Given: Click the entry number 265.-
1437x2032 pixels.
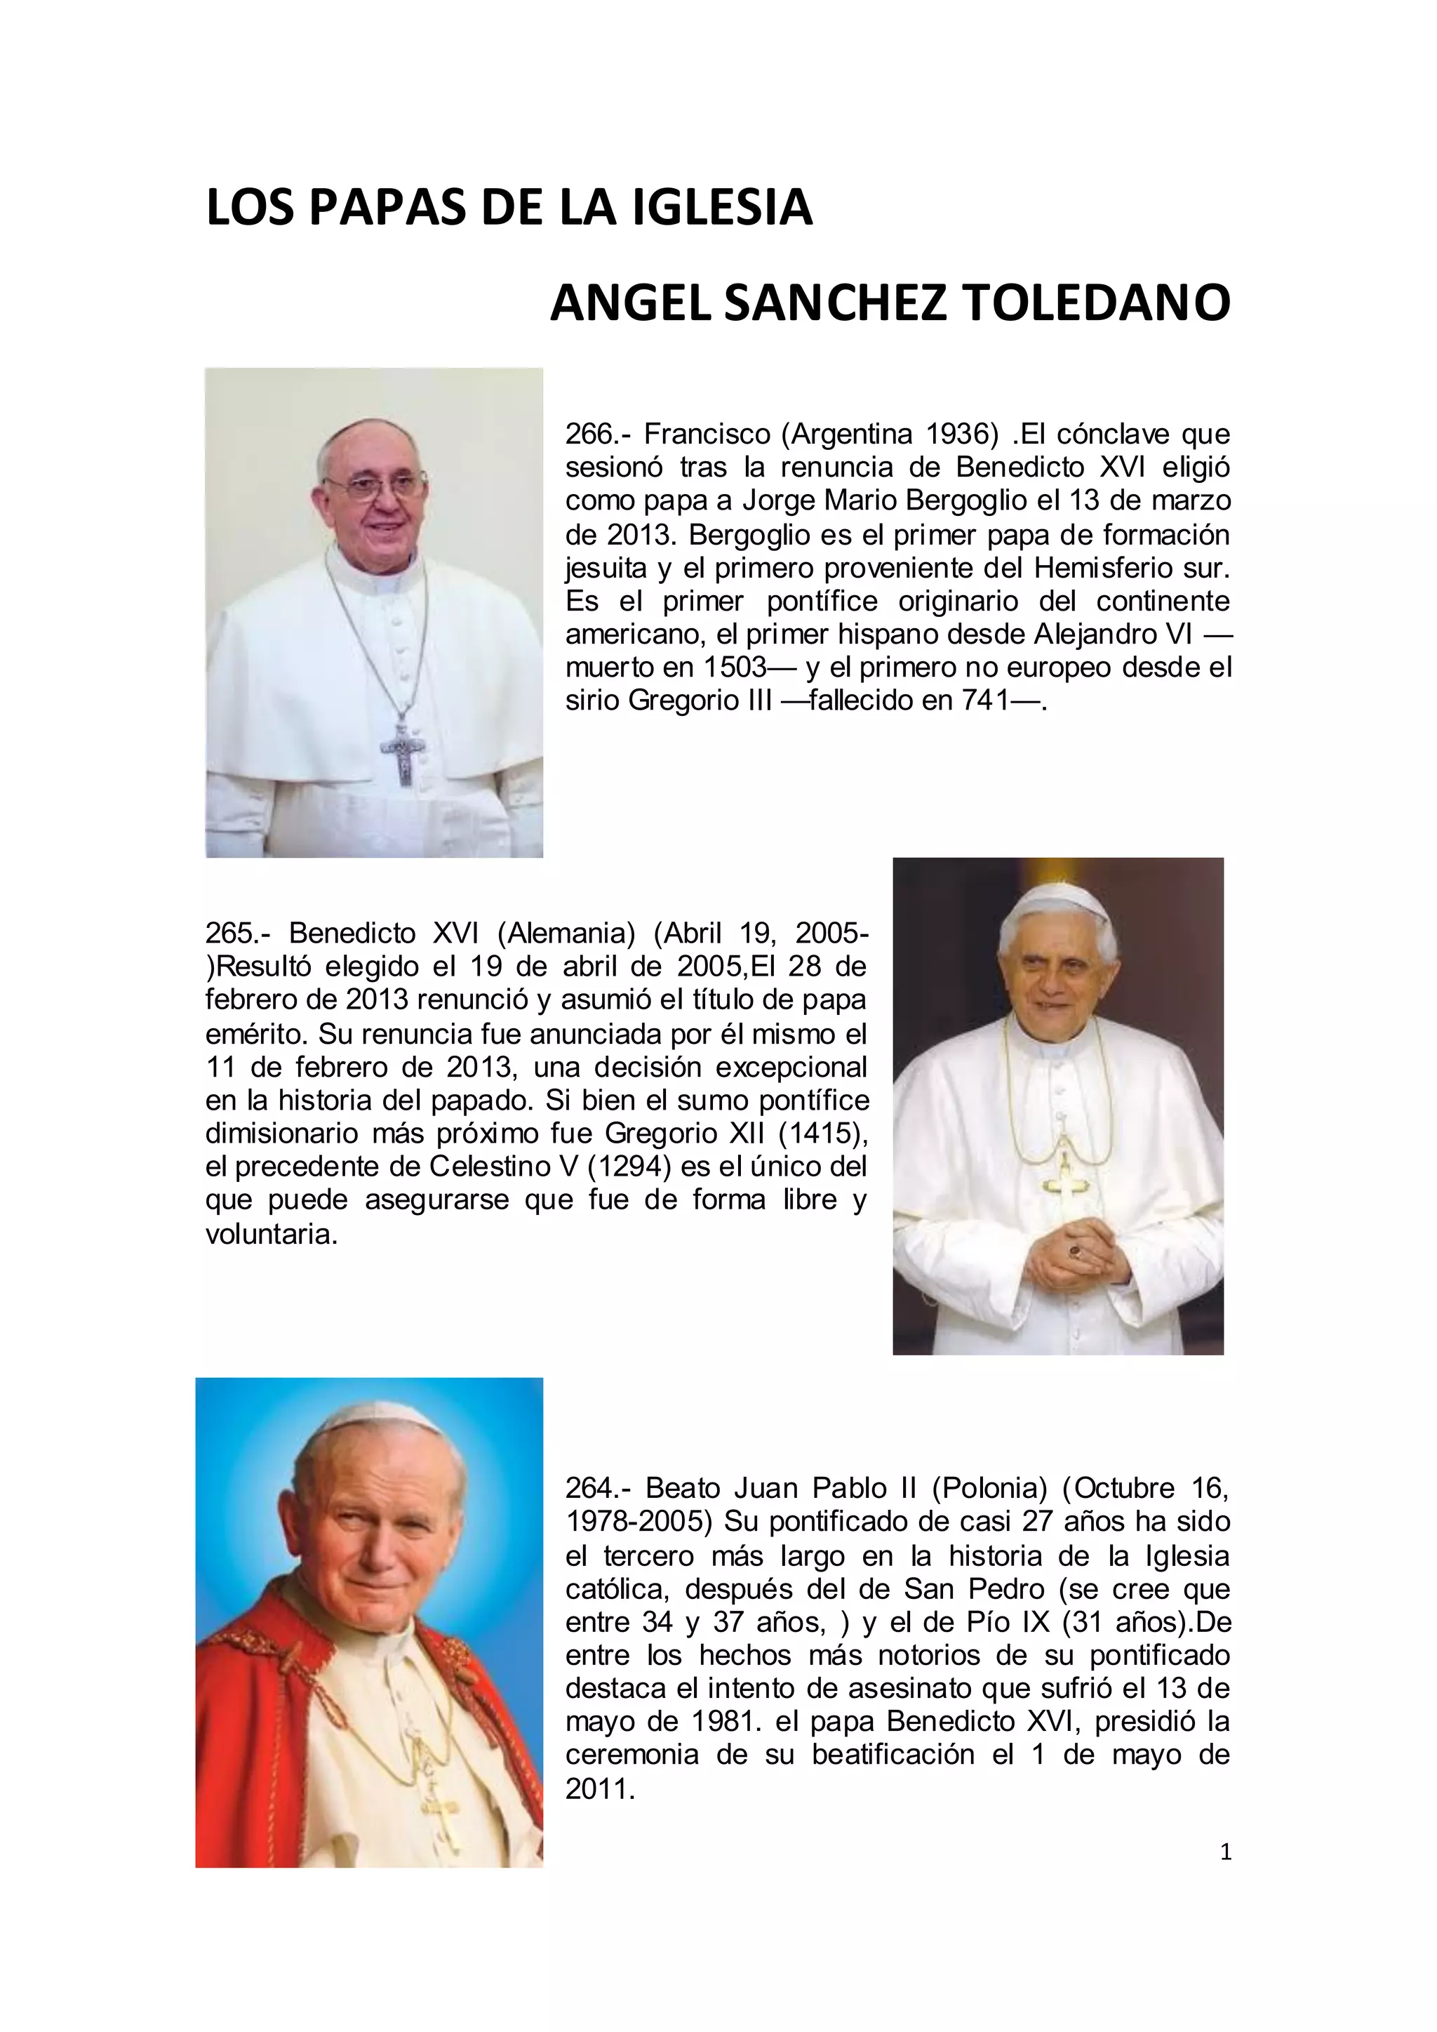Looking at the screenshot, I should (241, 933).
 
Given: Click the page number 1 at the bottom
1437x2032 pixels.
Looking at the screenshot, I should (1226, 1852).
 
